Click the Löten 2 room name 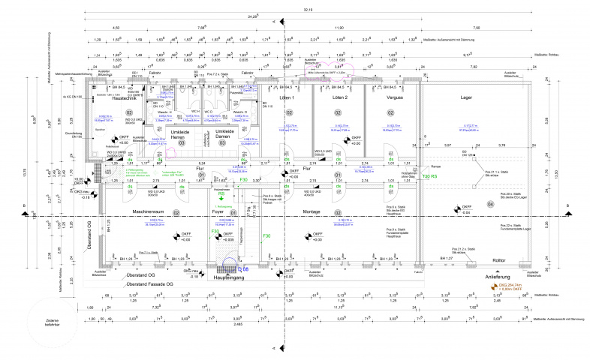click(340, 98)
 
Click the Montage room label click(312, 212)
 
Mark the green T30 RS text click(429, 176)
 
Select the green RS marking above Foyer click(222, 193)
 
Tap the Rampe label click(435, 166)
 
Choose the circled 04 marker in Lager click(491, 204)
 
